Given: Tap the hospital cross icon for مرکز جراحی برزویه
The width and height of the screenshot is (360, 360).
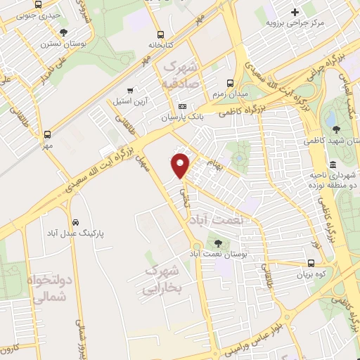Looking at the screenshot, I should coord(295,11).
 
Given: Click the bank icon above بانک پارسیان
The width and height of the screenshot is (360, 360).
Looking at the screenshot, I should coord(184,106).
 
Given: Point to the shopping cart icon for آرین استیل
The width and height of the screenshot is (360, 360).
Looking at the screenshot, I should coord(130,91).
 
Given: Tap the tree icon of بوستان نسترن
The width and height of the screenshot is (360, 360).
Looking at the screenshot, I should coord(64,32).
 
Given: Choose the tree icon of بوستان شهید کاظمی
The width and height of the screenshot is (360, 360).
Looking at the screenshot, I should coord(336,129).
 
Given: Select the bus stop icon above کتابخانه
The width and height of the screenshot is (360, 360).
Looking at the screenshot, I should coord(161,33).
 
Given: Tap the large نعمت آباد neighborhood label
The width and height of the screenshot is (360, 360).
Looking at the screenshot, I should coord(219,220).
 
